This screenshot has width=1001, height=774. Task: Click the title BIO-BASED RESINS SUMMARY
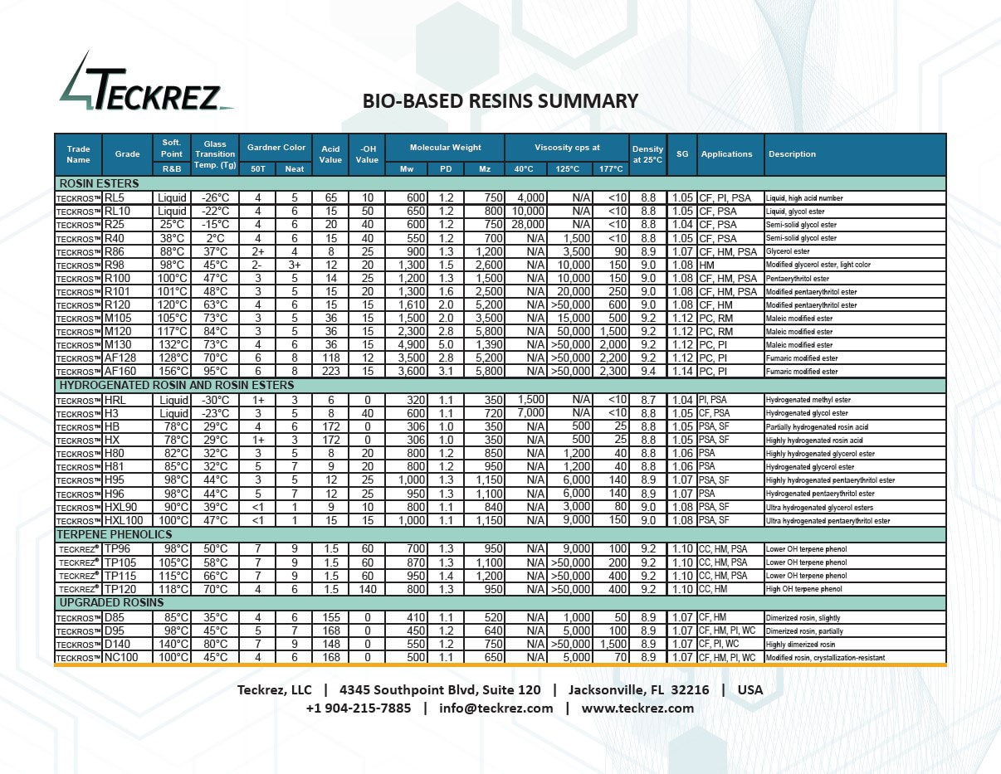point(501,101)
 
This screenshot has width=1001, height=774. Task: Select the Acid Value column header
point(330,154)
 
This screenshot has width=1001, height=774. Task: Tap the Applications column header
point(726,154)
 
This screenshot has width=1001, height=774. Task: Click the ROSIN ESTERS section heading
point(99,183)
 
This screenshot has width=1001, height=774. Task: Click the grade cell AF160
point(121,372)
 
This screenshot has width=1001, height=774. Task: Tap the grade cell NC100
point(121,658)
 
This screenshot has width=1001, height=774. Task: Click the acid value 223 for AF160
point(330,372)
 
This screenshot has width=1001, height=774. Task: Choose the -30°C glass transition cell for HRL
point(215,400)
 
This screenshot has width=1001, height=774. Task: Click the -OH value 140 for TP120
point(366,589)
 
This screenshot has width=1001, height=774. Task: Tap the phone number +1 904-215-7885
point(358,708)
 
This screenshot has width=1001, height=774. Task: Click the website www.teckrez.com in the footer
point(637,708)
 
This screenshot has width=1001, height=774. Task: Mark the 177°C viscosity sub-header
point(610,169)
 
